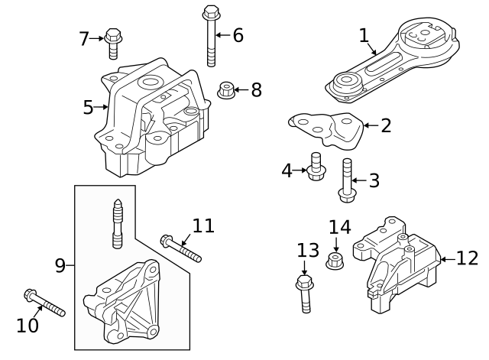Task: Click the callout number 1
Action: tap(364, 35)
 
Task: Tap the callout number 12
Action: tap(467, 258)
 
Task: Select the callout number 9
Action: tap(60, 266)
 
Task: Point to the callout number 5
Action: tap(89, 108)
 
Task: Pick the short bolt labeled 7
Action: tap(113, 43)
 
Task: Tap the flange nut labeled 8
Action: tap(226, 91)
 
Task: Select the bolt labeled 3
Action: tap(346, 181)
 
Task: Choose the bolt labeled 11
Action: tap(180, 248)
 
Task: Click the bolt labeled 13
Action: tap(303, 294)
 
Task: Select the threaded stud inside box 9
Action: tap(117, 224)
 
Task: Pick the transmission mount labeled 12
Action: tap(397, 264)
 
